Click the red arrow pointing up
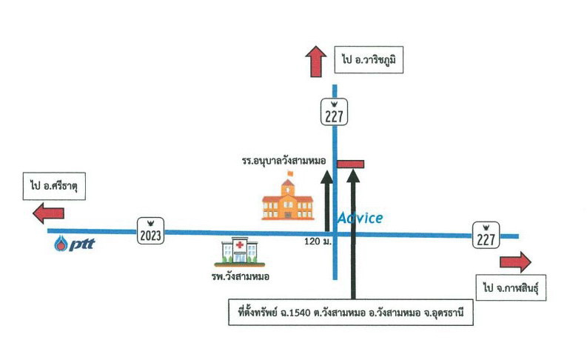pyautogui.click(x=316, y=61)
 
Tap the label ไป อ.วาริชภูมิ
pyautogui.click(x=369, y=59)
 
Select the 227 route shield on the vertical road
pyautogui.click(x=334, y=112)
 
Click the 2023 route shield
pyautogui.click(x=150, y=231)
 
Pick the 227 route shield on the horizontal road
pyautogui.click(x=486, y=235)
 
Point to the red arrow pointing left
pyautogui.click(x=48, y=213)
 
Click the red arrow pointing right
pyautogui.click(x=515, y=262)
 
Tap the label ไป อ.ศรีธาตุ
pyautogui.click(x=54, y=186)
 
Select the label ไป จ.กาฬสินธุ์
pyautogui.click(x=511, y=287)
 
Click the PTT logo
pyautogui.click(x=74, y=244)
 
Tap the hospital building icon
pyautogui.click(x=240, y=252)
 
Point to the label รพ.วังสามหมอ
pyautogui.click(x=241, y=277)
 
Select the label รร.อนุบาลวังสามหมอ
pyautogui.click(x=284, y=161)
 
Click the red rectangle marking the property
pyautogui.click(x=350, y=164)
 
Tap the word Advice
pyautogui.click(x=360, y=218)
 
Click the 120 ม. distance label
pyautogui.click(x=318, y=241)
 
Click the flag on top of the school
pyautogui.click(x=290, y=173)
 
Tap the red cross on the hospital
pyautogui.click(x=240, y=245)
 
